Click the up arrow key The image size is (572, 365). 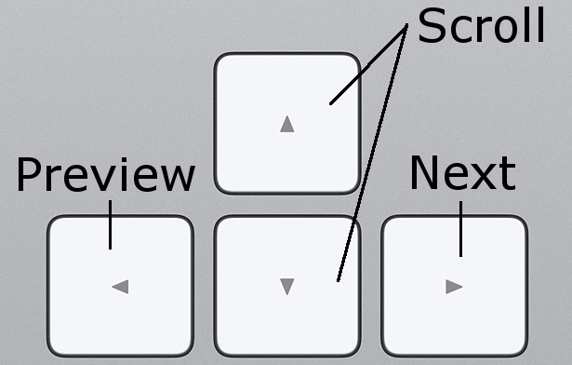click(x=286, y=124)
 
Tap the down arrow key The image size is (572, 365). click(x=286, y=286)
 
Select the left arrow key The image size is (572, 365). click(x=120, y=286)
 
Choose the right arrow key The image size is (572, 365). click(x=454, y=286)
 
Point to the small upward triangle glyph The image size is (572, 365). click(x=286, y=124)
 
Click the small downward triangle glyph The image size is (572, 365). click(x=286, y=287)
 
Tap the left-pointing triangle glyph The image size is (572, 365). click(x=119, y=287)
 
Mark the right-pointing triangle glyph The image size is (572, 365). click(x=454, y=287)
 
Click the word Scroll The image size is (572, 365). click(x=481, y=26)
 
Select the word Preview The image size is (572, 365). click(x=105, y=175)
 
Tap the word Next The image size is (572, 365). click(x=462, y=173)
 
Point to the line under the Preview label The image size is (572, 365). click(x=110, y=225)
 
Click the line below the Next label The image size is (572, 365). click(x=460, y=229)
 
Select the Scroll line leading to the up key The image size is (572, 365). click(x=367, y=65)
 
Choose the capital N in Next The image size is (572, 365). click(x=426, y=173)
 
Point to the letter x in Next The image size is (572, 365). click(x=481, y=177)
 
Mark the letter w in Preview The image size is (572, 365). click(x=175, y=179)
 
